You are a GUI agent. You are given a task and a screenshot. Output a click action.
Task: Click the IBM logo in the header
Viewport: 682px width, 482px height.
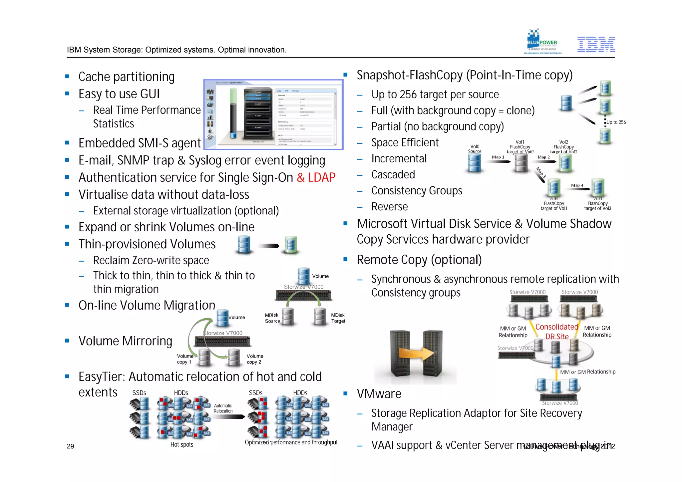pyautogui.click(x=596, y=45)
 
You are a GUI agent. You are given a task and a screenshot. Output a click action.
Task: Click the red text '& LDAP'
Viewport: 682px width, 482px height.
pyautogui.click(x=316, y=177)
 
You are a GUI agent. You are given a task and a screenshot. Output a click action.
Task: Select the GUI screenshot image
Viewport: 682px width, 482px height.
pyautogui.click(x=273, y=115)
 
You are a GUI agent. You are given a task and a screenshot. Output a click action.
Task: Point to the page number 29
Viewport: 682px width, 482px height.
pyautogui.click(x=70, y=446)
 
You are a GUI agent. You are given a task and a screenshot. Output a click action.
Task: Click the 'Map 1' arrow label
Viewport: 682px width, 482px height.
pyautogui.click(x=498, y=157)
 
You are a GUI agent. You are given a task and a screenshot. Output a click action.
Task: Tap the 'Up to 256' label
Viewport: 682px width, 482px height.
pyautogui.click(x=616, y=122)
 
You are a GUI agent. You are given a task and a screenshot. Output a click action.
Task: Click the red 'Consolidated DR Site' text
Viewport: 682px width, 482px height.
pyautogui.click(x=556, y=332)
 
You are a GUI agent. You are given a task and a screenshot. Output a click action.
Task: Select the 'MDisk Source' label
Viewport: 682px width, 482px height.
pyautogui.click(x=272, y=318)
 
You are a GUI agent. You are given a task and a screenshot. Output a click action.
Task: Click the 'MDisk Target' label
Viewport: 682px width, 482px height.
pyautogui.click(x=338, y=318)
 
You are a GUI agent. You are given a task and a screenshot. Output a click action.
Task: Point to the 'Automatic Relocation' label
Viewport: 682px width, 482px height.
pyautogui.click(x=223, y=408)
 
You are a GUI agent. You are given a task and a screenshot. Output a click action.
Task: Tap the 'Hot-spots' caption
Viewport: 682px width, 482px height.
pyautogui.click(x=181, y=444)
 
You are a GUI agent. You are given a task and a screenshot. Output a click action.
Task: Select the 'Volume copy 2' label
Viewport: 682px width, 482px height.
pyautogui.click(x=255, y=359)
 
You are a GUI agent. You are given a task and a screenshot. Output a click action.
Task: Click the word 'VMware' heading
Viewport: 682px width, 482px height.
pyautogui.click(x=379, y=394)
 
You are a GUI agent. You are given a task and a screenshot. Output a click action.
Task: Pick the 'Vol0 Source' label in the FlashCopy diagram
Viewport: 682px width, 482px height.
pyautogui.click(x=475, y=149)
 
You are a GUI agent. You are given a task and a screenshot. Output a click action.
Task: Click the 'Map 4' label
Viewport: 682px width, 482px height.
pyautogui.click(x=577, y=185)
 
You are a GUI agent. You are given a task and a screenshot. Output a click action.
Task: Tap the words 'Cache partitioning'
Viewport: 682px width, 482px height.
pyautogui.click(x=126, y=77)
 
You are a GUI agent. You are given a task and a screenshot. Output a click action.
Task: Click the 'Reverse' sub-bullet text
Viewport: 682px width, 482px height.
pyautogui.click(x=389, y=207)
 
